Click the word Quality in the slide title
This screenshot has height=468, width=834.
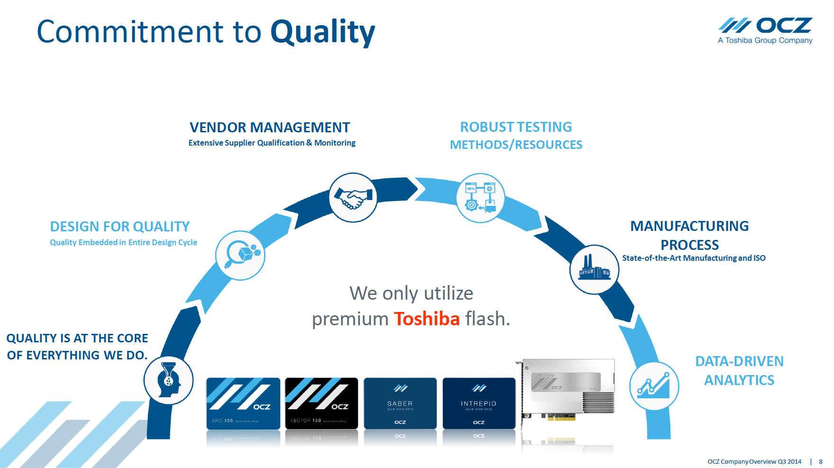[322, 32]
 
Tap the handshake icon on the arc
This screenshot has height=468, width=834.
[353, 197]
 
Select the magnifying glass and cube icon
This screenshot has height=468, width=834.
[240, 256]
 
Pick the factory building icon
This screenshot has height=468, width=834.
[594, 269]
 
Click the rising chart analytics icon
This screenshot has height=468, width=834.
[654, 386]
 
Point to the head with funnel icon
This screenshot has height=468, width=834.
[169, 380]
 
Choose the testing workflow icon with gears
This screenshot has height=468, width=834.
[480, 198]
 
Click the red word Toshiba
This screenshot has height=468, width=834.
[427, 319]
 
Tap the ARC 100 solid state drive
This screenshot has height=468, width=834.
[243, 404]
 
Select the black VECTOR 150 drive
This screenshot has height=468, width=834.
[321, 404]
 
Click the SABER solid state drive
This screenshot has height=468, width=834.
[400, 404]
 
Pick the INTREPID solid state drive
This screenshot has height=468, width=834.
[479, 404]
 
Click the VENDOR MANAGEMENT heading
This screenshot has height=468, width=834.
[270, 128]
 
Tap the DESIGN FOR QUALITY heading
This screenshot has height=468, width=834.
[120, 227]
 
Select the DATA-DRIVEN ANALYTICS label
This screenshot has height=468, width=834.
[739, 371]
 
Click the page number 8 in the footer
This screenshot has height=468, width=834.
[821, 461]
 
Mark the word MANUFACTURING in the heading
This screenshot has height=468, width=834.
[689, 226]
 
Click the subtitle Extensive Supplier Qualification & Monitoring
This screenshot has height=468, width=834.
[272, 143]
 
